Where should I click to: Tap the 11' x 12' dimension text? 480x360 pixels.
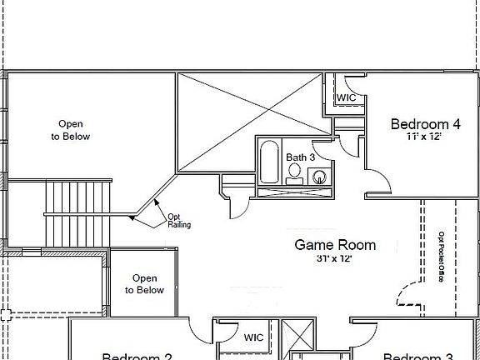point(423,139)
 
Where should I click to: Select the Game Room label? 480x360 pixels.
point(335,245)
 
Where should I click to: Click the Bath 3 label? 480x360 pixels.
point(301,157)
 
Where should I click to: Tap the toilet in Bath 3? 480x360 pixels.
point(294,173)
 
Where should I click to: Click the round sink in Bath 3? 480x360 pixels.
point(320,176)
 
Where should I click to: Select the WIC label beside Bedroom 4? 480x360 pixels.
point(347,97)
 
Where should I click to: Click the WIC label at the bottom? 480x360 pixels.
point(254,338)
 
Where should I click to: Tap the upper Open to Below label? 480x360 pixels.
point(70,130)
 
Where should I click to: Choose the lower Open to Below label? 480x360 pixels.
point(144,284)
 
